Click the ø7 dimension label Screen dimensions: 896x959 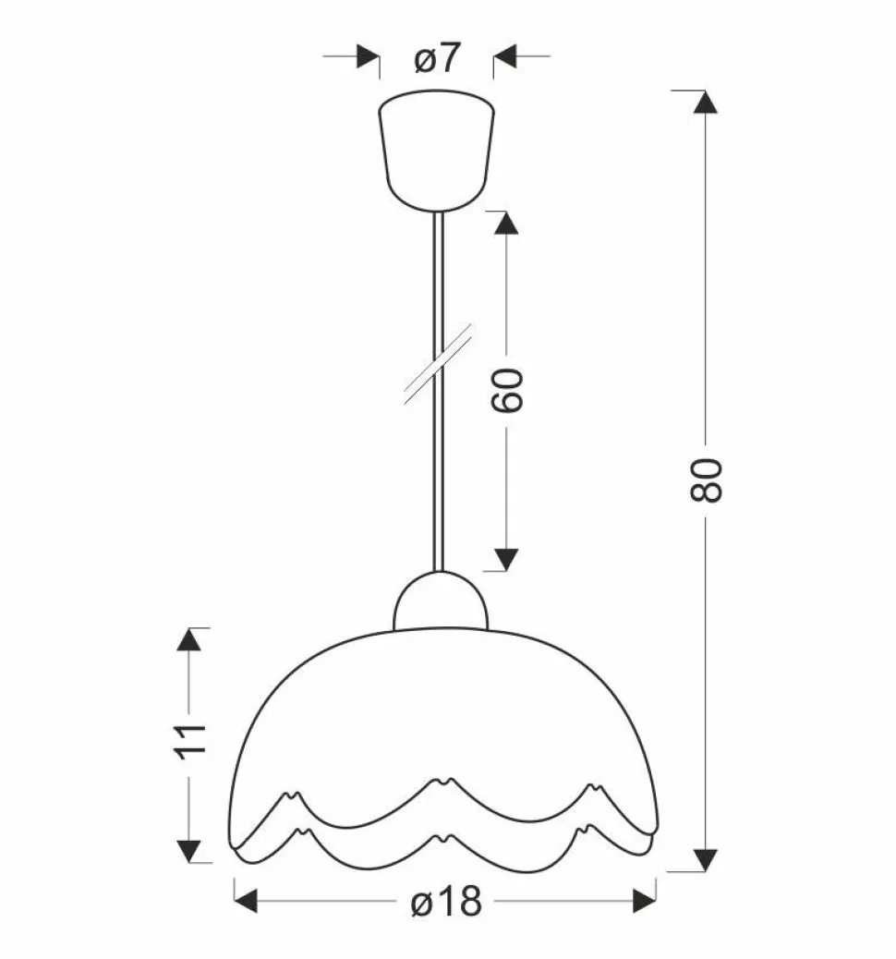[x=436, y=58]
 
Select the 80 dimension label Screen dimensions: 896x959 [x=706, y=480]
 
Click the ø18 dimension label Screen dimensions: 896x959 [x=446, y=901]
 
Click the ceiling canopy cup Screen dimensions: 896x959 [x=436, y=151]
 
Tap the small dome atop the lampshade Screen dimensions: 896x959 [x=441, y=601]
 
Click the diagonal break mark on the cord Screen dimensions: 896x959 [x=439, y=364]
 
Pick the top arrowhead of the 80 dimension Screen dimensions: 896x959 [x=705, y=102]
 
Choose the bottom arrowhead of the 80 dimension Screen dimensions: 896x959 [x=705, y=859]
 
